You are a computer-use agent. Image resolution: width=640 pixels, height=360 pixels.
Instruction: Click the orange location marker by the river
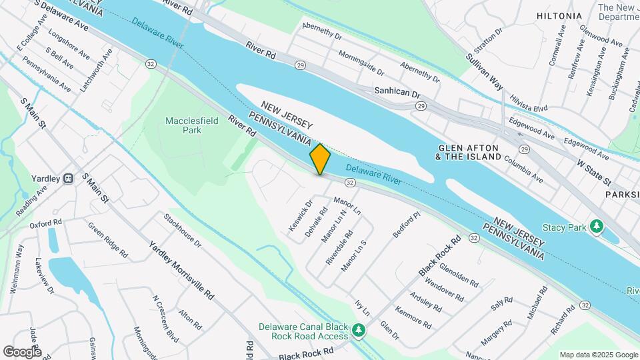pyautogui.click(x=320, y=159)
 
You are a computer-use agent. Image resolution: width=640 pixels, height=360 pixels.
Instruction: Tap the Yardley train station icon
pyautogui.click(x=68, y=179)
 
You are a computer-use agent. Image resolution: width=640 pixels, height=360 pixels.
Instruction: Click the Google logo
pyautogui.click(x=22, y=352)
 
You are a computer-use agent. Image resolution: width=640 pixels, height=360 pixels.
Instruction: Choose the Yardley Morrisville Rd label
pyautogui.click(x=181, y=269)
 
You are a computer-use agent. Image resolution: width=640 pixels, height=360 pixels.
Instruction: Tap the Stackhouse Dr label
pyautogui.click(x=183, y=230)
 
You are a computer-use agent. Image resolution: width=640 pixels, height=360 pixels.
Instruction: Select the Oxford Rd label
pyautogui.click(x=45, y=223)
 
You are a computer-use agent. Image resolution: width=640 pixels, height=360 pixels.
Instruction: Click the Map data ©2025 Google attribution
pyautogui.click(x=597, y=355)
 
